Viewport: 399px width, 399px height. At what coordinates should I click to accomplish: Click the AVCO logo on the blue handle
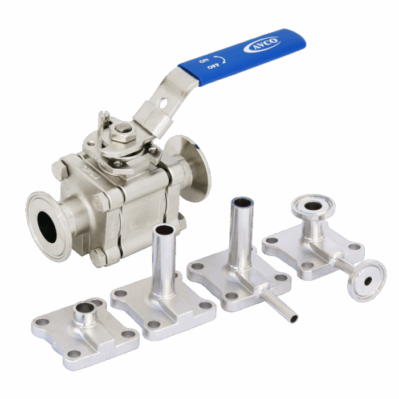[x=262, y=44]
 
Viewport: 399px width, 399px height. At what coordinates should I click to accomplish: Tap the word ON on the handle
[x=204, y=60]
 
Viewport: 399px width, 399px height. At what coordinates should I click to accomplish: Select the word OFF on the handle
[x=213, y=67]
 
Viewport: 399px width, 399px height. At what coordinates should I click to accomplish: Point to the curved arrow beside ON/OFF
[x=222, y=59]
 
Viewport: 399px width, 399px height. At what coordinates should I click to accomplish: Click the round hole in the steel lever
[x=163, y=103]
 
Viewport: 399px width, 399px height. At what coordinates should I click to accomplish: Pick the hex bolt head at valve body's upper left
[x=60, y=170]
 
